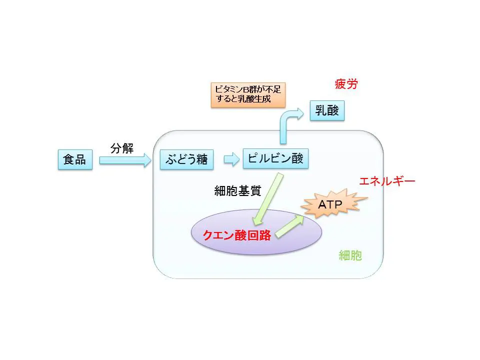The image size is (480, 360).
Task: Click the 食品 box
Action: point(75,160)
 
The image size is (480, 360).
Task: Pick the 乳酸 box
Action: point(327,110)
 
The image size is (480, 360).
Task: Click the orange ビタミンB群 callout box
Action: point(247,94)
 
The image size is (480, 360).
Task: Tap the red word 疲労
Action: point(346,83)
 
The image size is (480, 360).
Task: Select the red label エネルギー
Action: point(387,181)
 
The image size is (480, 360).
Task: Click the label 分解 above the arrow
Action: point(122,148)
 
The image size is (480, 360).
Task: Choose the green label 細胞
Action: point(350,256)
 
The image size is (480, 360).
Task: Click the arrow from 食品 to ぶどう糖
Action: point(125,160)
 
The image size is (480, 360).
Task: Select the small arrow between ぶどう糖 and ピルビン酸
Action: point(231,160)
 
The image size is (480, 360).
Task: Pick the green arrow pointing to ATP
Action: point(289,226)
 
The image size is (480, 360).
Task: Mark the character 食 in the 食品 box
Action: point(69,160)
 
